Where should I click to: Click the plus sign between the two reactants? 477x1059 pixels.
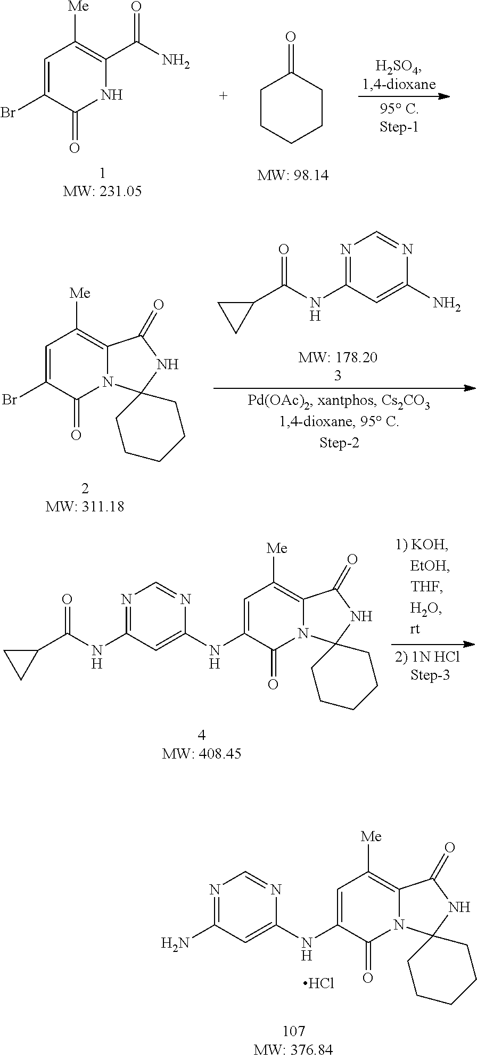click(x=223, y=96)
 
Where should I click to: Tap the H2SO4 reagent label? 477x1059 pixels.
click(x=398, y=67)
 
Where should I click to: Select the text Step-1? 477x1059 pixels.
click(x=399, y=127)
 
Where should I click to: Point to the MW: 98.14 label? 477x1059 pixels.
click(x=293, y=175)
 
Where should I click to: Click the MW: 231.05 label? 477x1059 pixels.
click(x=102, y=191)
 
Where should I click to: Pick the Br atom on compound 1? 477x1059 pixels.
click(x=8, y=113)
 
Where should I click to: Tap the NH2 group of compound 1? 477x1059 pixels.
click(x=176, y=62)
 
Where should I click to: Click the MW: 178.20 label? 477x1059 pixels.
click(x=338, y=357)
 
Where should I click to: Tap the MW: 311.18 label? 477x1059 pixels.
click(x=85, y=506)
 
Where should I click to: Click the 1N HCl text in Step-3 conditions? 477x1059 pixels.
click(x=427, y=658)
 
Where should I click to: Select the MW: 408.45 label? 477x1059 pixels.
click(x=202, y=753)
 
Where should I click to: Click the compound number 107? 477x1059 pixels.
click(x=294, y=1031)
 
